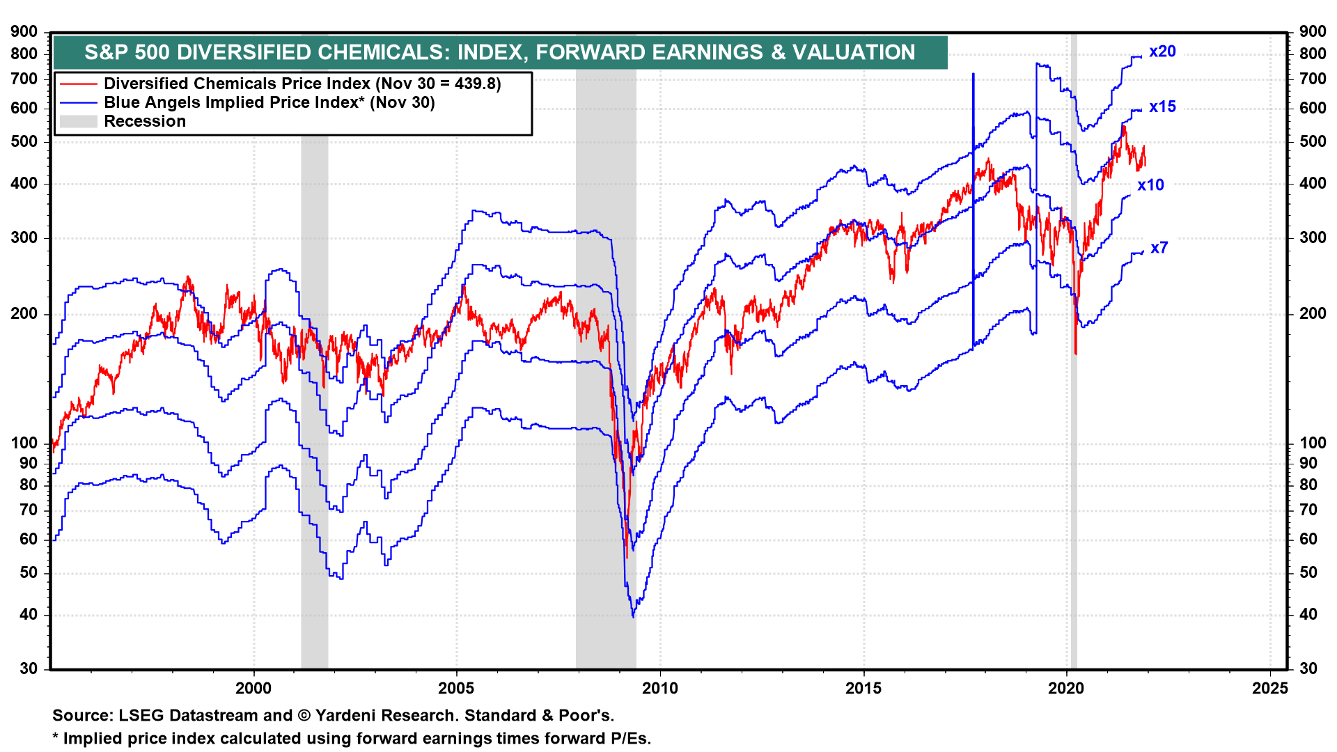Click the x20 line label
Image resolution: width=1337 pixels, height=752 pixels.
[x=1162, y=52]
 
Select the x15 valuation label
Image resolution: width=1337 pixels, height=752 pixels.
[x=1162, y=107]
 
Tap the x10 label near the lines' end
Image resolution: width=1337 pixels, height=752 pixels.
[x=1150, y=185]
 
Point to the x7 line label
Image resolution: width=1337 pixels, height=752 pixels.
[x=1159, y=248]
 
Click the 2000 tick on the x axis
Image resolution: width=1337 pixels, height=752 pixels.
[x=253, y=689]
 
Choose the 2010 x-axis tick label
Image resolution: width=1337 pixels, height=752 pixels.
[x=659, y=689]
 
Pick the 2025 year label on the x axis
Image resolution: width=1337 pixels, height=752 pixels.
[x=1269, y=689]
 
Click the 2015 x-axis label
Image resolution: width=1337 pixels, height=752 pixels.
[x=863, y=689]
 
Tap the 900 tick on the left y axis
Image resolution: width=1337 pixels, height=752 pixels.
[x=24, y=31]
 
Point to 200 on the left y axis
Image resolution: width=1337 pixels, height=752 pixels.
[x=24, y=314]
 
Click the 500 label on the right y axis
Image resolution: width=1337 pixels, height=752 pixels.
[x=1313, y=142]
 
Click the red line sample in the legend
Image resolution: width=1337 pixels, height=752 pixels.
[x=78, y=84]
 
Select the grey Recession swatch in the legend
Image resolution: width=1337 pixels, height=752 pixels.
[x=78, y=122]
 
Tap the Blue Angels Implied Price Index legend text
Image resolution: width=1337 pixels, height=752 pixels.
[x=269, y=103]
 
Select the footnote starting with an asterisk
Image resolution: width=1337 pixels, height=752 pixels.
[x=352, y=739]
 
